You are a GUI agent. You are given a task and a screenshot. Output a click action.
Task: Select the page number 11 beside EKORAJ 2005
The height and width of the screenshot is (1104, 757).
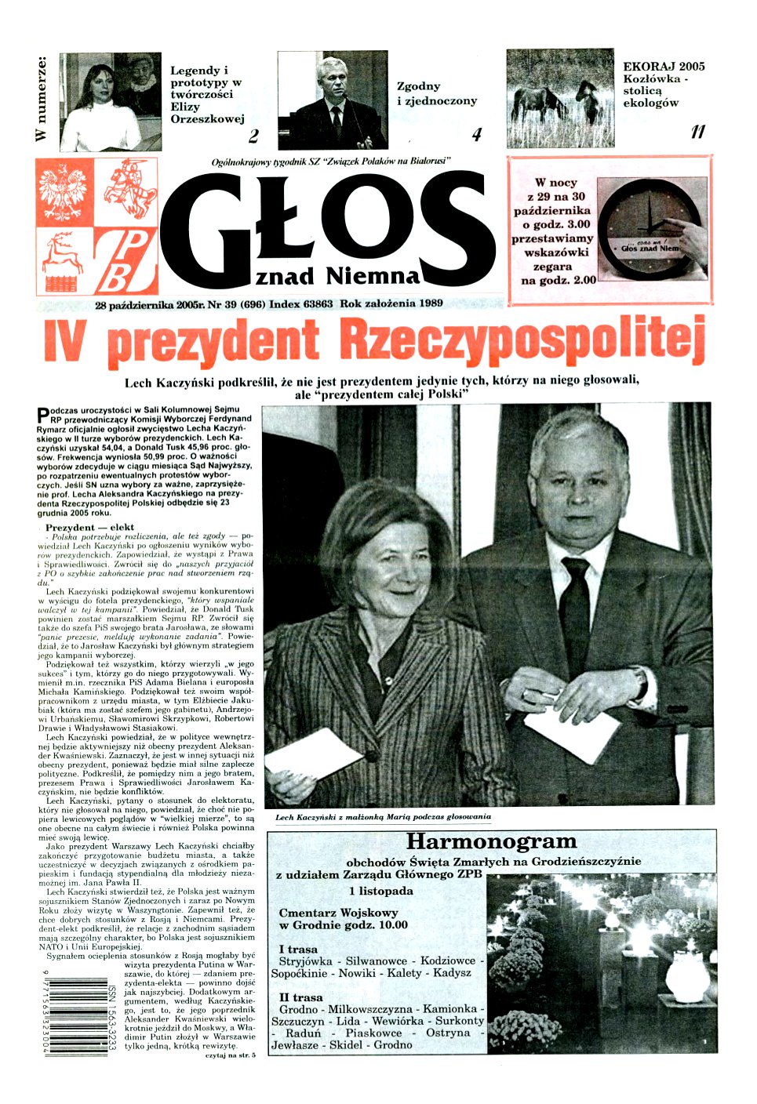tap(697, 133)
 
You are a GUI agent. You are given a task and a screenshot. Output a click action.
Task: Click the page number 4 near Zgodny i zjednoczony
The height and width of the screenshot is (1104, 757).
tap(476, 135)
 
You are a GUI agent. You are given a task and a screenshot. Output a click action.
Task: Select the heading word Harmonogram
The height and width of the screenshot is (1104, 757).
tap(492, 842)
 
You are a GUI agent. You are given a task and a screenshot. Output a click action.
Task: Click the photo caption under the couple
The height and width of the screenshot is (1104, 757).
tap(383, 816)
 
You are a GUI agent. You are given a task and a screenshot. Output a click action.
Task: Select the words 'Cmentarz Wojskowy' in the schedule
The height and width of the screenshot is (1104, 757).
tap(338, 913)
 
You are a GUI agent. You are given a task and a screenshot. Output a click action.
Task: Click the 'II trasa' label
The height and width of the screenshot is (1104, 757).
tap(301, 997)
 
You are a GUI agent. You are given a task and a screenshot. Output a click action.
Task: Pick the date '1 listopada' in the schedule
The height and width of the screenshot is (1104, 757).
tap(381, 891)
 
